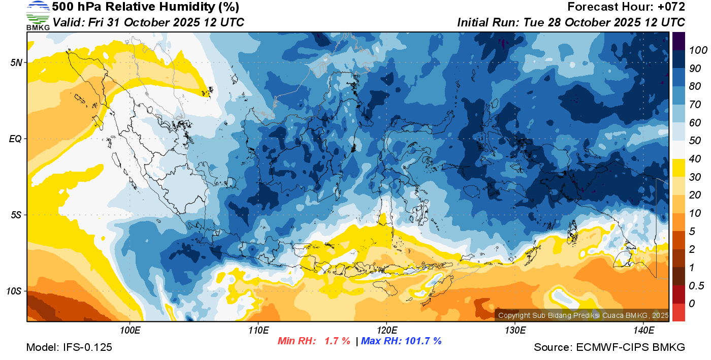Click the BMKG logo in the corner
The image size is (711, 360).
38,15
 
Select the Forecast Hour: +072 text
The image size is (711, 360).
626,7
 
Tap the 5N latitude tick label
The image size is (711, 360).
16,62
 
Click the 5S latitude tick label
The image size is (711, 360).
16,215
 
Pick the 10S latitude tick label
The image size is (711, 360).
14,291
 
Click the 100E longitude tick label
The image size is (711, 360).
130,331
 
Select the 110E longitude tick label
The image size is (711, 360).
258,331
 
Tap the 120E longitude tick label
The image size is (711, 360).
386,331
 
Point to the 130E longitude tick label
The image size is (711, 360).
515,331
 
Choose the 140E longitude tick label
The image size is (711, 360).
643,331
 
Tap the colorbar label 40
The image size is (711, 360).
695,159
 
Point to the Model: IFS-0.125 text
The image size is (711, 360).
69,347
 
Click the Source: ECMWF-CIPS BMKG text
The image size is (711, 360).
609,347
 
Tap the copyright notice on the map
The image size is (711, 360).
583,315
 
